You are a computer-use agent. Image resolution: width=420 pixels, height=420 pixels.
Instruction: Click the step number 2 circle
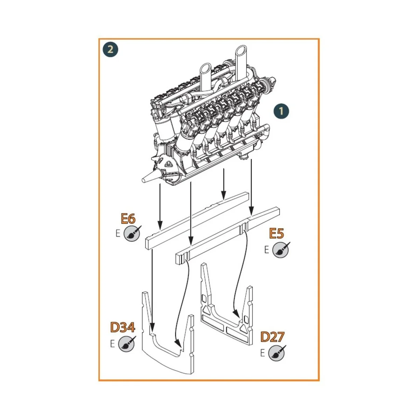point(111,49)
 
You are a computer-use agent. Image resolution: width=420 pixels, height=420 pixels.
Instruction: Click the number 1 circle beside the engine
point(281,111)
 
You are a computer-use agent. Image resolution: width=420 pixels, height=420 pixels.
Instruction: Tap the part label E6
point(128,219)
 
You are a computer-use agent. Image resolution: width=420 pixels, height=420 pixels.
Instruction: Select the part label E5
point(276,233)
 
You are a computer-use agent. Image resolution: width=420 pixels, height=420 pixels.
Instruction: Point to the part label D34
point(122,328)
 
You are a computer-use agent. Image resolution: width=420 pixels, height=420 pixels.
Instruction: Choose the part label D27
point(272,337)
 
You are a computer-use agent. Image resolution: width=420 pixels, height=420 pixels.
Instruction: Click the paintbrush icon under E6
point(132,233)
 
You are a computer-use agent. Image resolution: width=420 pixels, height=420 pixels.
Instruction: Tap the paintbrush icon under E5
point(281,250)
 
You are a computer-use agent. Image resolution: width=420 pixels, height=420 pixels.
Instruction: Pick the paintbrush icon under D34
point(126,344)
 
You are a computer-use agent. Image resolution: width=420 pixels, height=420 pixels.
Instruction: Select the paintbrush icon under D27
point(277,353)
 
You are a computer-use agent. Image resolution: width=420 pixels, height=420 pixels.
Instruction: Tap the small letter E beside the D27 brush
point(263,353)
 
